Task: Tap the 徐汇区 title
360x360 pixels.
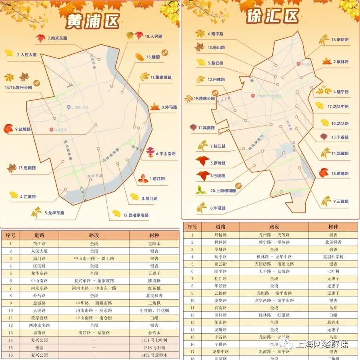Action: (273, 16)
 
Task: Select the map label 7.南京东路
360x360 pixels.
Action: (59, 38)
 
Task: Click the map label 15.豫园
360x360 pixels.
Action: (153, 57)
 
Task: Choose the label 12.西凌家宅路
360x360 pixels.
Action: (136, 215)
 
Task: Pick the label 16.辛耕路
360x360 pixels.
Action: (339, 40)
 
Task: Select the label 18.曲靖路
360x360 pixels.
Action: (340, 174)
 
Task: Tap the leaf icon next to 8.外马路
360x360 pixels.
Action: (154, 106)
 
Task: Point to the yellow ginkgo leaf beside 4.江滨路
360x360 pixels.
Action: (14, 195)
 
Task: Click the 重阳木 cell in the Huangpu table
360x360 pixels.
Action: (154, 244)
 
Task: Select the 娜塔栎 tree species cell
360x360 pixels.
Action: (154, 281)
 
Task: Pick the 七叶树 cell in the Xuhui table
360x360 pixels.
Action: (333, 271)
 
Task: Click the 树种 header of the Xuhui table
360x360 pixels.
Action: (333, 227)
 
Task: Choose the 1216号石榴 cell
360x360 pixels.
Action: (154, 348)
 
